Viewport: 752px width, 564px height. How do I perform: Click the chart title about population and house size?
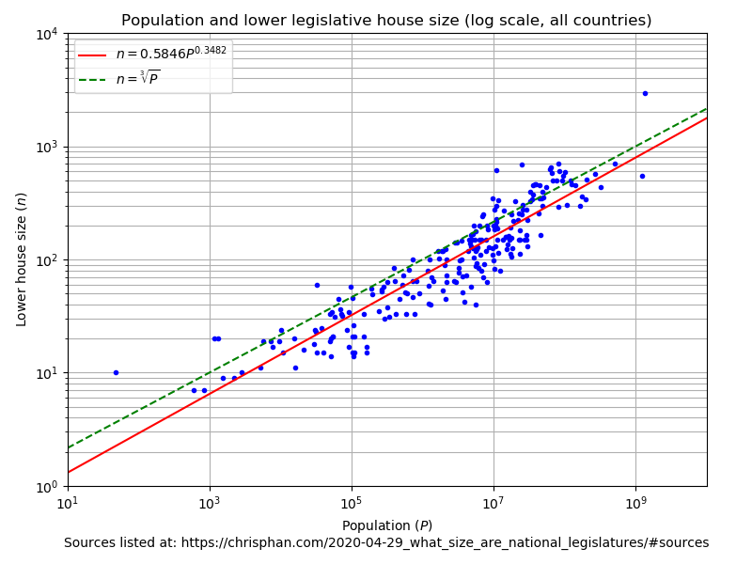point(386,21)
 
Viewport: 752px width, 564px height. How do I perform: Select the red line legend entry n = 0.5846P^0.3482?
point(154,55)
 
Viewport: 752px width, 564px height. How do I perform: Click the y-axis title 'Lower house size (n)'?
point(22,259)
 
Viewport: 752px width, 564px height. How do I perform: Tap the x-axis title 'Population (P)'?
point(386,525)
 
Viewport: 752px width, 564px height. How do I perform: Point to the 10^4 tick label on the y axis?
point(49,34)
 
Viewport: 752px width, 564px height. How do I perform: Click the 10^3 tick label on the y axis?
point(49,147)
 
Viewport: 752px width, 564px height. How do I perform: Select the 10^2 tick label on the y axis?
point(49,260)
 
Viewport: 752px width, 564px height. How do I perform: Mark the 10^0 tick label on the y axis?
point(49,486)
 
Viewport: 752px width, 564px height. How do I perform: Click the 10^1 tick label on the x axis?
point(68,502)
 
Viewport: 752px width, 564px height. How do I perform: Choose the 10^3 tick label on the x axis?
point(210,502)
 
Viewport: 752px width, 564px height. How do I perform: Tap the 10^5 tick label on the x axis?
point(352,502)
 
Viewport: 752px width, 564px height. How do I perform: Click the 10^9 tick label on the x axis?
point(635,502)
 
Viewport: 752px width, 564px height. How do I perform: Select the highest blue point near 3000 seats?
point(645,93)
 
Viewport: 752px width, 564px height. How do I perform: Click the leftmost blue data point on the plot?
point(116,372)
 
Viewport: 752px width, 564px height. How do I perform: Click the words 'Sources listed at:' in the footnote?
point(117,543)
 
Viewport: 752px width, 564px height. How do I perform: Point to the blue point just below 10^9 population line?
point(642,176)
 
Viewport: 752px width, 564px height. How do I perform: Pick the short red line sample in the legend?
point(93,55)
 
